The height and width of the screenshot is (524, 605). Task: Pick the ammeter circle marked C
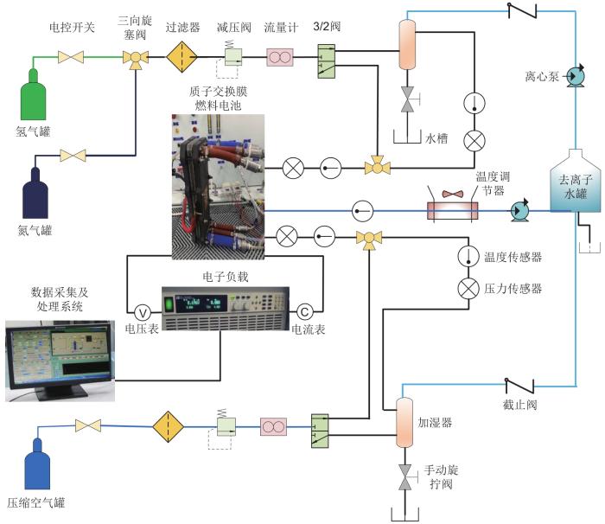(x=304, y=311)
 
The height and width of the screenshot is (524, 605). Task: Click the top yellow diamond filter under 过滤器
(x=182, y=58)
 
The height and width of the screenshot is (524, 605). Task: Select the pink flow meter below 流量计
(x=280, y=57)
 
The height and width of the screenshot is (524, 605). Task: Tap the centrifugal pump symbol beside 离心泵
(x=571, y=79)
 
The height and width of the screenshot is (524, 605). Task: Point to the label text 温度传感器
(x=513, y=257)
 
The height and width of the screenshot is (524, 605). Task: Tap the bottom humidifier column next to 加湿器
(x=404, y=423)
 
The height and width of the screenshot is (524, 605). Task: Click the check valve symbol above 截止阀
(x=520, y=384)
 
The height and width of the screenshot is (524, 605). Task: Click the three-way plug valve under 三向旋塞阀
(x=135, y=58)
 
